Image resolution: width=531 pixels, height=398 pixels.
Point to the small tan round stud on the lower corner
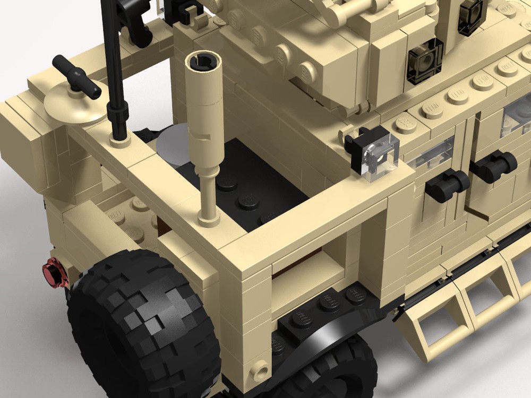tap(261, 368)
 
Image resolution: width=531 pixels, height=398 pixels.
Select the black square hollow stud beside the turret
tap(425, 61)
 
